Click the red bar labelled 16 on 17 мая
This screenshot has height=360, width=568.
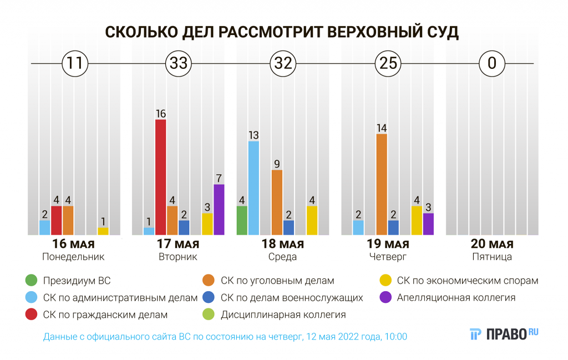pos(160,177)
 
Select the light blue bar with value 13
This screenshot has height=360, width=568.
pos(253,187)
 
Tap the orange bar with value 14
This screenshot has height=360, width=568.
pos(382,184)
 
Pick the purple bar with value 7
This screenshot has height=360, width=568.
pos(219,209)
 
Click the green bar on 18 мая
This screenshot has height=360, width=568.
pos(242,220)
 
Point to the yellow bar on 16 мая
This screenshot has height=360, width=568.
pos(103,231)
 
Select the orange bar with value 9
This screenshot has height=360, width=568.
pos(277,202)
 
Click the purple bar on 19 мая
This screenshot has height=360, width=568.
pos(428,224)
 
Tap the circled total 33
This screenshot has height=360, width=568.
pos(178,63)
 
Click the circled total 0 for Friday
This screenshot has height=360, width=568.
pos(491,63)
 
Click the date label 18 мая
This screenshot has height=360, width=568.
pos(283,244)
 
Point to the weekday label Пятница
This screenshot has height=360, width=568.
pos(492,257)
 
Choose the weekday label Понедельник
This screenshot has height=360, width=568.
pos(73,257)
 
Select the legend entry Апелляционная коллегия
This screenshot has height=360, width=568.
pos(456,298)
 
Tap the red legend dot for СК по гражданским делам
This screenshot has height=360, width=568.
pos(32,315)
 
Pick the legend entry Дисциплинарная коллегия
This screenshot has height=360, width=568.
pos(283,315)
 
